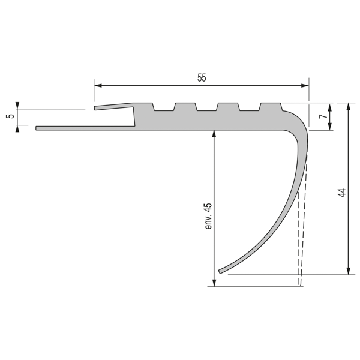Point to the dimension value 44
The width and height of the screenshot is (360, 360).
(x=341, y=193)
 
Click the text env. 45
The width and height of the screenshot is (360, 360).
(x=209, y=217)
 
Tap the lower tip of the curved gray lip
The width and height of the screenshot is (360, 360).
(x=220, y=271)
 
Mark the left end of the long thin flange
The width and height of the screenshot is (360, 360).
(x=37, y=128)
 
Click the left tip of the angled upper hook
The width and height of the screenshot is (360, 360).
(x=95, y=109)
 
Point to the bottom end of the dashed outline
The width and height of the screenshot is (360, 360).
(x=299, y=284)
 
